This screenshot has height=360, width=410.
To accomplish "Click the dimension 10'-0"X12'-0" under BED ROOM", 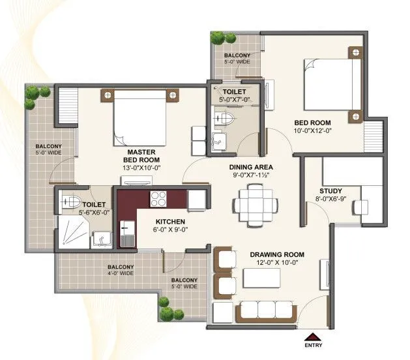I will point(313,131).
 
